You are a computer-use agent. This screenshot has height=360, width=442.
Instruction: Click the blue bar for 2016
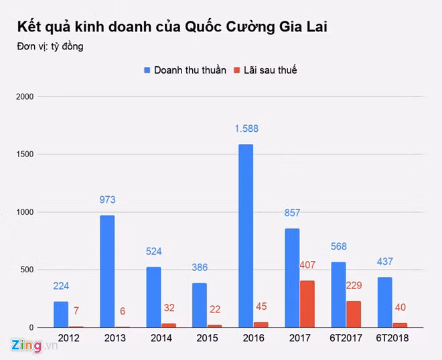[246, 236]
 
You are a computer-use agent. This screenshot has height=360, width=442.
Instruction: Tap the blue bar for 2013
[107, 271]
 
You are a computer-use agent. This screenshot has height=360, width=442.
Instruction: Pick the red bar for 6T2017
[354, 314]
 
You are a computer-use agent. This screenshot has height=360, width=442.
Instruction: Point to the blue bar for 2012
[61, 314]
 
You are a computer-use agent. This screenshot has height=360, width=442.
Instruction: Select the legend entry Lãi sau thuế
[265, 70]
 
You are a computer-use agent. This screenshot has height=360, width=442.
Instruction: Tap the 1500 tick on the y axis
[26, 155]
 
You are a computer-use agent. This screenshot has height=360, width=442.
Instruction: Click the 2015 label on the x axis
[207, 339]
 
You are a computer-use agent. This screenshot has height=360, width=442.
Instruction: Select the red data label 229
[354, 286]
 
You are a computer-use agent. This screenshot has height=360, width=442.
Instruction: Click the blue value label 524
[155, 252]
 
